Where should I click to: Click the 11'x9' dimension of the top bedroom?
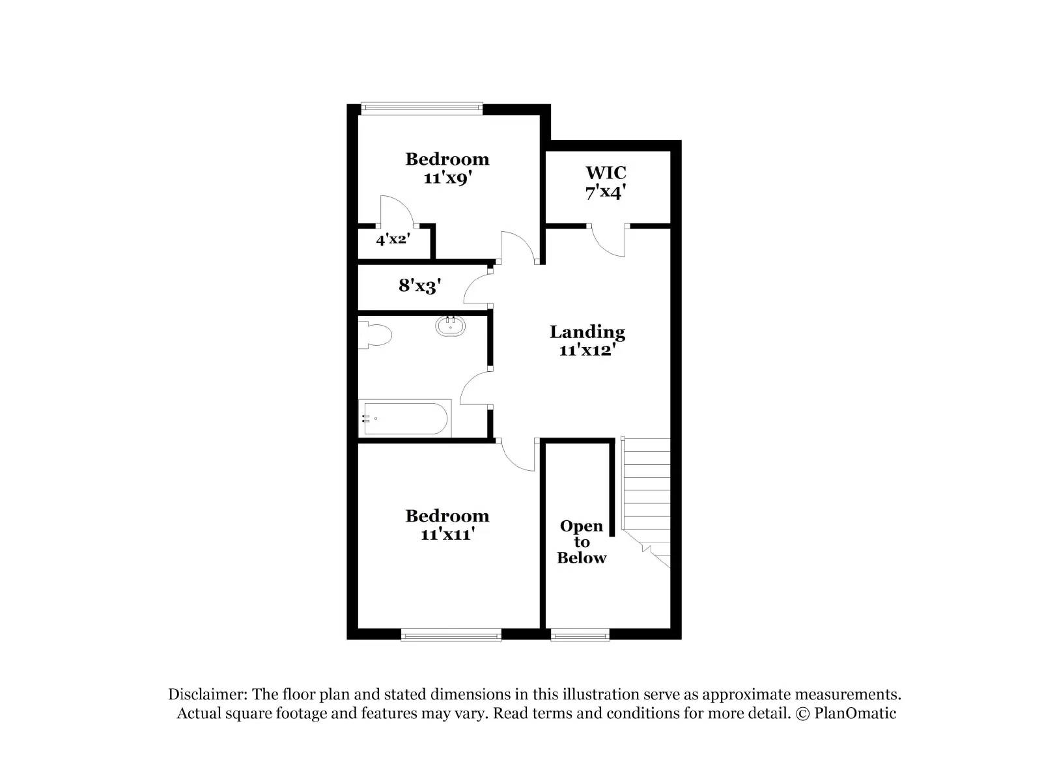[x=447, y=178]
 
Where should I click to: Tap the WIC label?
[x=606, y=173]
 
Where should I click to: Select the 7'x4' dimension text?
[x=606, y=192]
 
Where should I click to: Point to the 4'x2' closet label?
[x=392, y=239]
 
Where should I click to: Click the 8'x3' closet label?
[x=420, y=285]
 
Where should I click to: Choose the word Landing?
[x=587, y=332]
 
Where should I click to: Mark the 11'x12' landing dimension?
[x=587, y=350]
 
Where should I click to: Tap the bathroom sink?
[x=450, y=326]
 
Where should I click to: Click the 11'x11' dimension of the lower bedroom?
[x=447, y=535]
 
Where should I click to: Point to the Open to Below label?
[x=582, y=542]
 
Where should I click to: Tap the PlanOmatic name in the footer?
[x=854, y=713]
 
